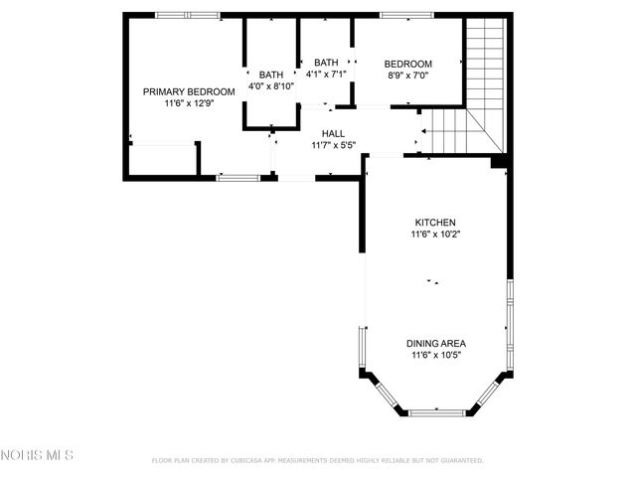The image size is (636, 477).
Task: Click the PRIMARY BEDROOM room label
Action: pos(189,91)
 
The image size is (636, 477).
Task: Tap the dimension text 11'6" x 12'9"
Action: pos(189,102)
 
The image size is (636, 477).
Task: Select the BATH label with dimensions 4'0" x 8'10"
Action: pos(270,75)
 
